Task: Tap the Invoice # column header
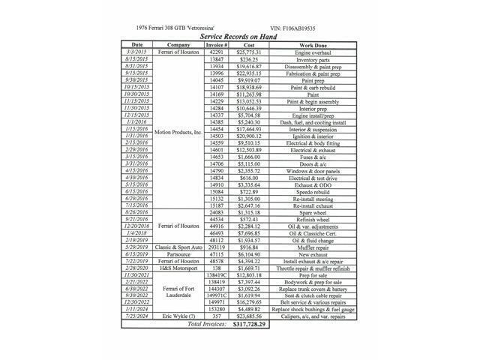pos(217,45)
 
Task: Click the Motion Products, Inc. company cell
pos(178,131)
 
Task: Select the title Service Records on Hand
pos(238,36)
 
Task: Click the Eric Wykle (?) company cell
pos(178,317)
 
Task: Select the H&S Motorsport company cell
pos(178,268)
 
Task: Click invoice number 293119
pos(217,247)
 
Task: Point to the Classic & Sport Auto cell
pos(178,247)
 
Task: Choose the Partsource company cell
pos(178,254)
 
